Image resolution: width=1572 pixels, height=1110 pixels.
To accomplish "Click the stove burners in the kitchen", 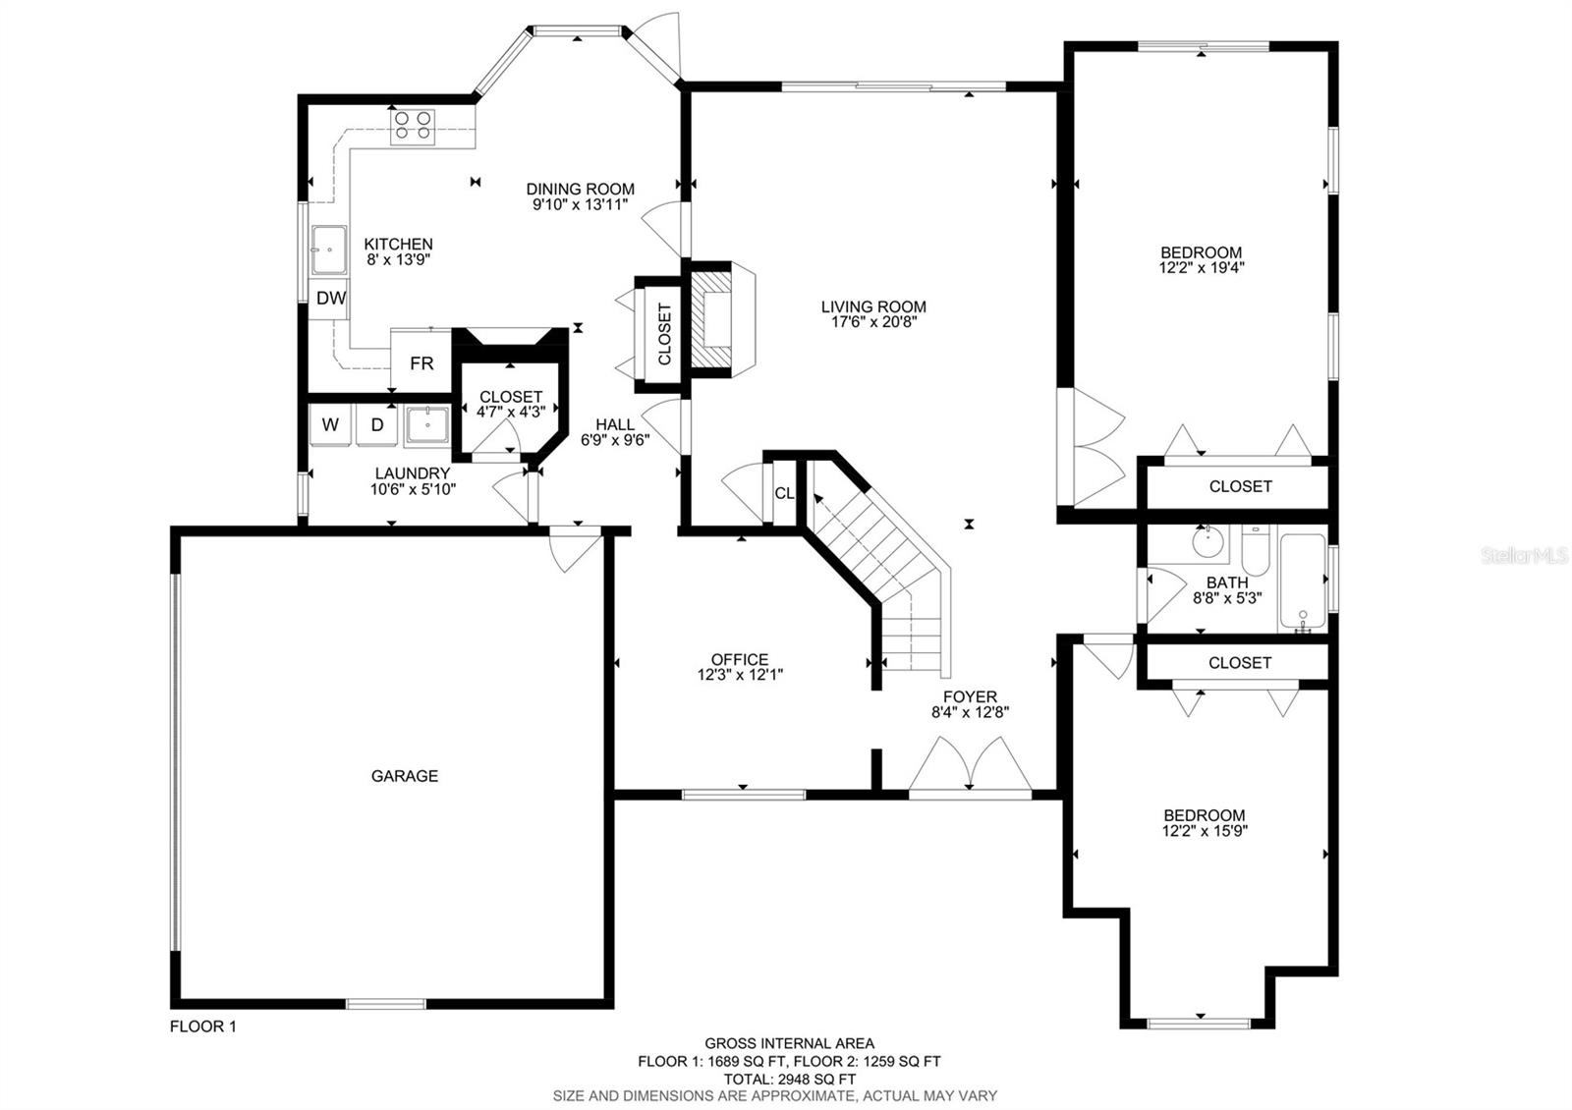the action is pos(413,127).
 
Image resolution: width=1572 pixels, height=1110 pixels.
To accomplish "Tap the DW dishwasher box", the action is pos(329,299).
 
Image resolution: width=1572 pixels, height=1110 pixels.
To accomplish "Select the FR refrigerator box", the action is pos(421,362).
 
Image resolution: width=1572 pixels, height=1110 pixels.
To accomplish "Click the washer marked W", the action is pos(330,424).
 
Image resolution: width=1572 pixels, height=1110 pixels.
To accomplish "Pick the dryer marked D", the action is pos(377,424).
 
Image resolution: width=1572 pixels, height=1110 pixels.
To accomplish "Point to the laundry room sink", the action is pos(426,425).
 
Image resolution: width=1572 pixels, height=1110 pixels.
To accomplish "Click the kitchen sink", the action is pos(328,250).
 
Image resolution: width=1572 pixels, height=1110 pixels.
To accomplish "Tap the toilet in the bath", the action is pos(1256,552).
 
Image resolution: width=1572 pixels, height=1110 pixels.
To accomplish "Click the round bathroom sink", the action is pos(1208,541).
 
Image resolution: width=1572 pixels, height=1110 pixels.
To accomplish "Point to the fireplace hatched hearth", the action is pos(711,319).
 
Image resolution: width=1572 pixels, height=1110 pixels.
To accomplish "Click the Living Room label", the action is pos(873,306).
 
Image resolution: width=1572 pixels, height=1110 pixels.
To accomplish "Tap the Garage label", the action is pos(404,775).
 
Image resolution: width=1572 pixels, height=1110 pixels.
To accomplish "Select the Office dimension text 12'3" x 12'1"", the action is pos(740,675).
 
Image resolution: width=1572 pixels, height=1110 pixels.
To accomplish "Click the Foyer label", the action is pos(970,696).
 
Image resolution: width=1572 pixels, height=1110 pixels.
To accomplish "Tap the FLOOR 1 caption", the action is pos(202,1027).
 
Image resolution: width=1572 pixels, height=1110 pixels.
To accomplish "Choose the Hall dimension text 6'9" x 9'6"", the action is pos(615,440).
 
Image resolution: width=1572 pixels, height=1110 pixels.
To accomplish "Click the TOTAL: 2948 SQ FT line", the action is pos(790,1080).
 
